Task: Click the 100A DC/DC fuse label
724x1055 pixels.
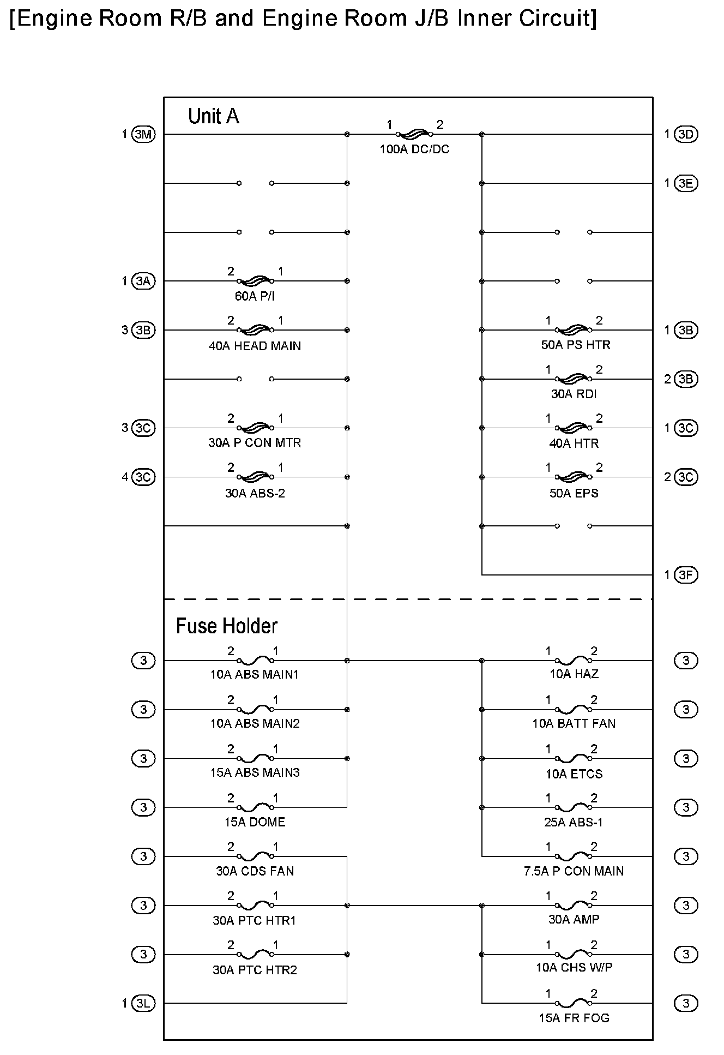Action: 414,149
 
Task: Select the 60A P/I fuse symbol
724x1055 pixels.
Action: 255,281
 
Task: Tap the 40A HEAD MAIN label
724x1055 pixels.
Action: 255,346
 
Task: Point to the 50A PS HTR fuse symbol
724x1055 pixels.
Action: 573,329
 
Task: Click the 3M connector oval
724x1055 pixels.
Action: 143,134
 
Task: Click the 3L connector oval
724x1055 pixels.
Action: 143,1003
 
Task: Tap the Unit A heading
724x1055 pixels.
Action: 213,116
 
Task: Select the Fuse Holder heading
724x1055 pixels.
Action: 226,626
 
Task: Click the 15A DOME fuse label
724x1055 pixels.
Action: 255,822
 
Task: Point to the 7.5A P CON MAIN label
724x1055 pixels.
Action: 574,871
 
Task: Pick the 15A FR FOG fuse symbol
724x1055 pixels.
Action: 573,1003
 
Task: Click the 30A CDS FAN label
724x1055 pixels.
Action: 255,871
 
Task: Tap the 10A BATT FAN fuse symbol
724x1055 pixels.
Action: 573,709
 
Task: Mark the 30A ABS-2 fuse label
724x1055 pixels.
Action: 255,493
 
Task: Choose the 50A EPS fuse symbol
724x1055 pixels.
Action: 573,477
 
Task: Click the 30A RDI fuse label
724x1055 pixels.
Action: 574,394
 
